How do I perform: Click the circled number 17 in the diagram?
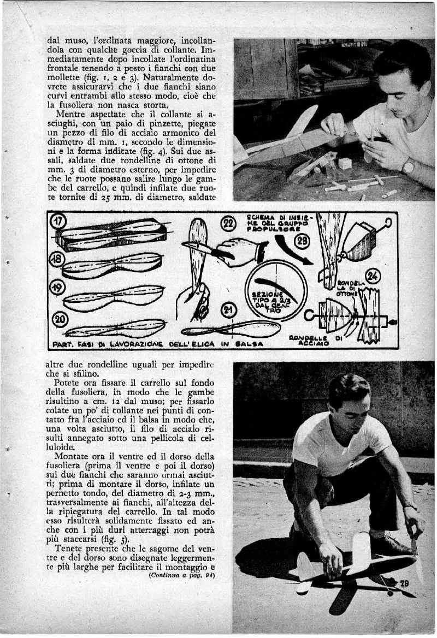(57, 223)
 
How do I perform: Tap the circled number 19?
(58, 288)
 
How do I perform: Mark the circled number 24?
(373, 276)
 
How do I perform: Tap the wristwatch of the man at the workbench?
(407, 165)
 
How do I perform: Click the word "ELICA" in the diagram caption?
(189, 344)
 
